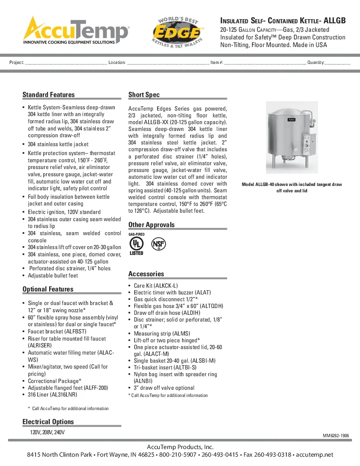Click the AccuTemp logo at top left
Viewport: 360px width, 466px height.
click(76, 31)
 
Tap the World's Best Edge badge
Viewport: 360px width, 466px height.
click(178, 33)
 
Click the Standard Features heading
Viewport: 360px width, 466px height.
click(48, 94)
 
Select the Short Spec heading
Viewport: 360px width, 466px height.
click(144, 94)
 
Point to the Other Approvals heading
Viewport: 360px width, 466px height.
click(151, 225)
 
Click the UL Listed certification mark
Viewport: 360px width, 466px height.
click(136, 244)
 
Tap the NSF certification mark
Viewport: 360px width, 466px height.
click(159, 244)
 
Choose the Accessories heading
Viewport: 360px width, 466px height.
click(146, 274)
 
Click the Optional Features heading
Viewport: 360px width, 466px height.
click(48, 289)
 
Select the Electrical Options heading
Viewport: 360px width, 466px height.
click(48, 422)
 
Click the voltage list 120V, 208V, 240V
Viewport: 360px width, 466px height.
click(47, 432)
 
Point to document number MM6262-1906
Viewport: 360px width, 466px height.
click(336, 435)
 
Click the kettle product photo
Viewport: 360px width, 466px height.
click(291, 138)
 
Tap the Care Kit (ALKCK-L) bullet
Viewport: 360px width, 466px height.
click(155, 286)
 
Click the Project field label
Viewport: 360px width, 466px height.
click(17, 62)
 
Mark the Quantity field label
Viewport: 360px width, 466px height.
click(316, 62)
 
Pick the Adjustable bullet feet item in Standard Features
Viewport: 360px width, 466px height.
click(53, 275)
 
